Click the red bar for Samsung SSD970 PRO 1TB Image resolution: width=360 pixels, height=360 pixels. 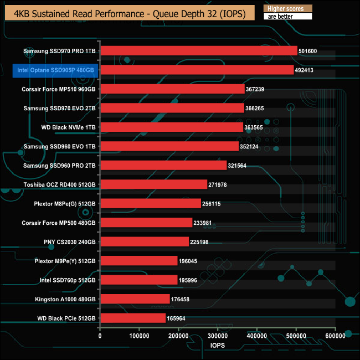point(199,51)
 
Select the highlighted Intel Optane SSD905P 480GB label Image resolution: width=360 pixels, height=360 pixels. point(55,70)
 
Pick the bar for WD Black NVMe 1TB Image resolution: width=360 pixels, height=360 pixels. point(172,127)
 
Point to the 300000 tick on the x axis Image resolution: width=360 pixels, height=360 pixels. point(218,336)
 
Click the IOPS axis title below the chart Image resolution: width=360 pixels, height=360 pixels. point(217,345)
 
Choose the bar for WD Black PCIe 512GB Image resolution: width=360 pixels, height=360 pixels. point(133,318)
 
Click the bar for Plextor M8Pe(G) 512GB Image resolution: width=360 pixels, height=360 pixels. point(151,204)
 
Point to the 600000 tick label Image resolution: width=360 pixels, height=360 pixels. point(335,336)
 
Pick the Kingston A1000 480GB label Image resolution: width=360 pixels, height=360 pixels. point(64,299)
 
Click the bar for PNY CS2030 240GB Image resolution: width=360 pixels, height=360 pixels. point(145,242)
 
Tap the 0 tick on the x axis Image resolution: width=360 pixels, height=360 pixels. point(100,336)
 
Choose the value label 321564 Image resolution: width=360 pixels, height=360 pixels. point(240,166)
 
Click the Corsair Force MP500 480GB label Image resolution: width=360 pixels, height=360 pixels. point(59,223)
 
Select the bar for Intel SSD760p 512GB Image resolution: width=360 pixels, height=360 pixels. point(139,280)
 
